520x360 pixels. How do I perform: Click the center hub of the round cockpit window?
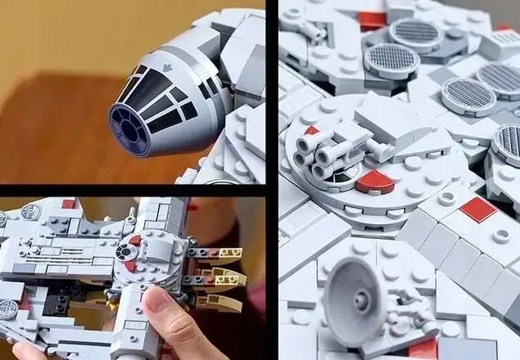(125, 130)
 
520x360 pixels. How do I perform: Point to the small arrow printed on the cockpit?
(165, 68)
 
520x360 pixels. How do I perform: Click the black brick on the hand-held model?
(58, 304)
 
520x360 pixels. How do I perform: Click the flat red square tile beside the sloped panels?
(478, 210)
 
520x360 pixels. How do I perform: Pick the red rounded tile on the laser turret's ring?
(374, 181)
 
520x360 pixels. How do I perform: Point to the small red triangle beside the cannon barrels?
(311, 130)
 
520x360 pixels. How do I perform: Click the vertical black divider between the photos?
(272, 180)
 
